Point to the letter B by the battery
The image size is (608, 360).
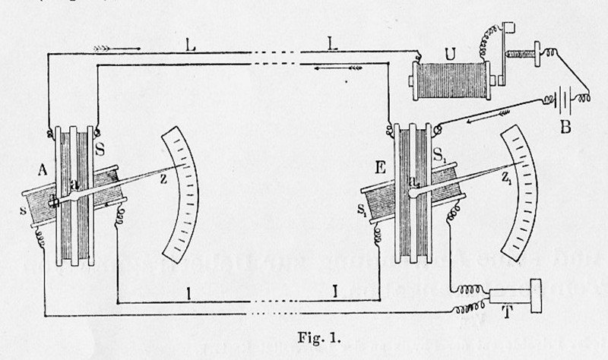(x=565, y=128)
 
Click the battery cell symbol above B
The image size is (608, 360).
(x=564, y=101)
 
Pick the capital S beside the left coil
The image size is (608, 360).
(x=102, y=146)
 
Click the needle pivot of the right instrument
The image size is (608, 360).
(x=414, y=192)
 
